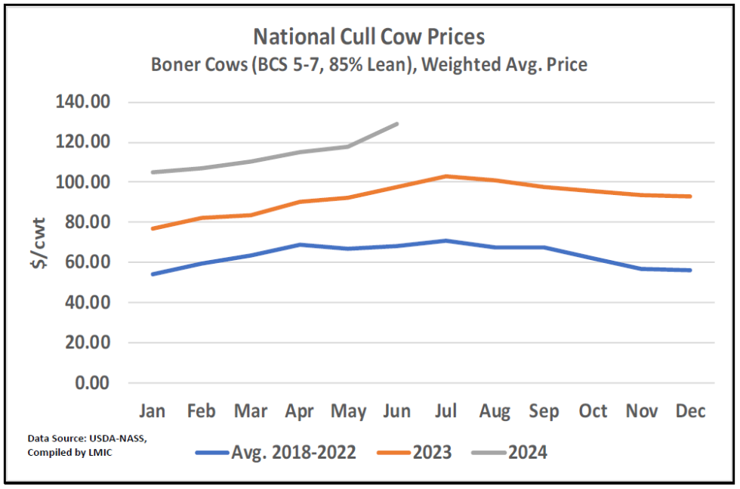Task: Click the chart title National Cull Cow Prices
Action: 368,36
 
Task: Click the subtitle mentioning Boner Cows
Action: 368,64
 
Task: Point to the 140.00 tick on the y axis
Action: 82,102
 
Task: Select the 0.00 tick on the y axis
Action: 93,382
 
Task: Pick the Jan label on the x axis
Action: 153,410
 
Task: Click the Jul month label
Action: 446,410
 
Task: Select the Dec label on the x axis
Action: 690,410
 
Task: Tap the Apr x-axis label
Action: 300,410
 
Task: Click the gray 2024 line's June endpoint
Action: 397,124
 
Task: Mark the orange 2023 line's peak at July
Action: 446,176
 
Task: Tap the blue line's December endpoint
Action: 690,270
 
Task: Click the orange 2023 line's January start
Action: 153,228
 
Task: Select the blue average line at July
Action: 446,240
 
